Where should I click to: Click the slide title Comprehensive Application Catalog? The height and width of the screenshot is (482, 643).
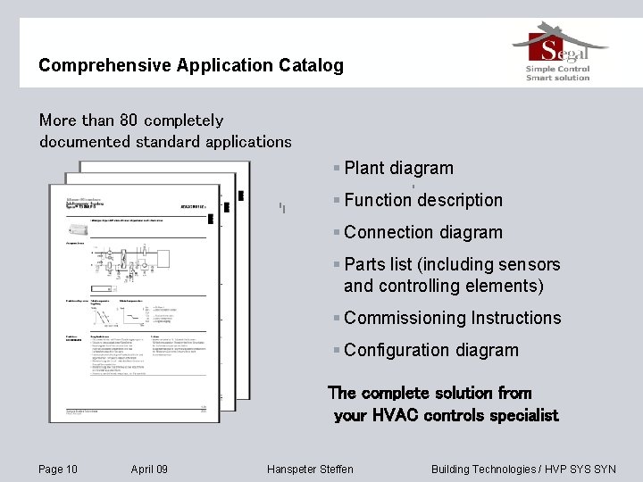190,65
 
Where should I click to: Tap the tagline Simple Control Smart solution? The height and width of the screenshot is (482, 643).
558,72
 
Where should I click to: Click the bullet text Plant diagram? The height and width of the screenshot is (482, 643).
398,168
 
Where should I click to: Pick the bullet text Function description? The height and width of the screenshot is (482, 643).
422,200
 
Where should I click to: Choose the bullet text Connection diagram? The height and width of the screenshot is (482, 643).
422,232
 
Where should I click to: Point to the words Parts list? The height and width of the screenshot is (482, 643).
380,264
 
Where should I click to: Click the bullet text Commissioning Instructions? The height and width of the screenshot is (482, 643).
452,318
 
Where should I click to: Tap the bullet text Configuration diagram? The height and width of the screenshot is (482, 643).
430,350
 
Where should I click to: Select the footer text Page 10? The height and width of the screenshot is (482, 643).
58,470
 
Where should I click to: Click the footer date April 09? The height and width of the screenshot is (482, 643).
149,470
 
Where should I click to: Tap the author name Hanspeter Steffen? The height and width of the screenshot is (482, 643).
310,470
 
